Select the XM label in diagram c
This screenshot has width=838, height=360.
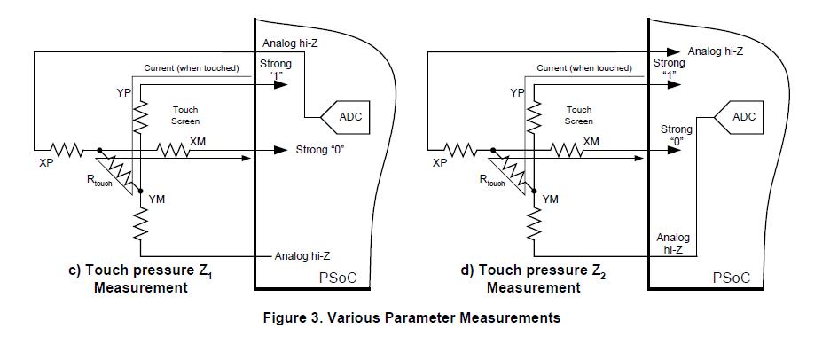[x=198, y=141]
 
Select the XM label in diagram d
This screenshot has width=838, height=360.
[x=591, y=141]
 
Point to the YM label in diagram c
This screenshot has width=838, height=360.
[x=157, y=200]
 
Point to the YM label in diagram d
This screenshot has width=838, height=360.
[x=550, y=200]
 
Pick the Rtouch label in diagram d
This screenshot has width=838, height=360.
[x=492, y=181]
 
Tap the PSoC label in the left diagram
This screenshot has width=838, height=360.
[x=337, y=278]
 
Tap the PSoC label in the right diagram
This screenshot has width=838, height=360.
[x=732, y=278]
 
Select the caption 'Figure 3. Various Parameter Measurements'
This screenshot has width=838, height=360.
[x=411, y=318]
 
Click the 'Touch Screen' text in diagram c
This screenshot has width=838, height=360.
[x=185, y=115]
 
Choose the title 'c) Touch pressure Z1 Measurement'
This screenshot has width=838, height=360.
[x=141, y=278]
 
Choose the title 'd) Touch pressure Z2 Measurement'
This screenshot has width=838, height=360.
[x=534, y=278]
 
